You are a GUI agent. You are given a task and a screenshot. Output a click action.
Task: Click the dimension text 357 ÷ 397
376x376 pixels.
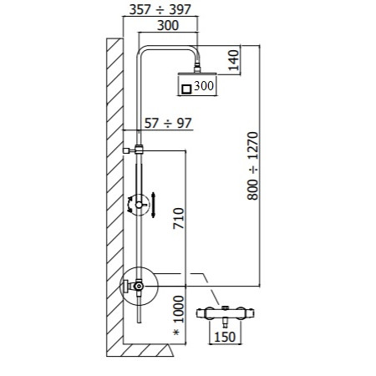tap(166, 12)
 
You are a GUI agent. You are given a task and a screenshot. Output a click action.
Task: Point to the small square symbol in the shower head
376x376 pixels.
tap(186, 85)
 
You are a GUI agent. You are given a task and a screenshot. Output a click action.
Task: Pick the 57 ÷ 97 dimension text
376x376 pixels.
tap(167, 123)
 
